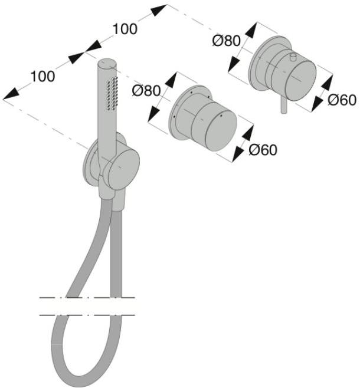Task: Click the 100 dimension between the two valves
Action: tap(125, 28)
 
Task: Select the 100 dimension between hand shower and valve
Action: tap(43, 76)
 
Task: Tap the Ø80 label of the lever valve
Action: tap(226, 41)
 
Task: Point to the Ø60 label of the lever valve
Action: tap(342, 100)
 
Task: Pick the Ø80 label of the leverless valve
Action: tap(146, 91)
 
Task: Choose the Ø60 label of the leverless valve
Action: tap(263, 150)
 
